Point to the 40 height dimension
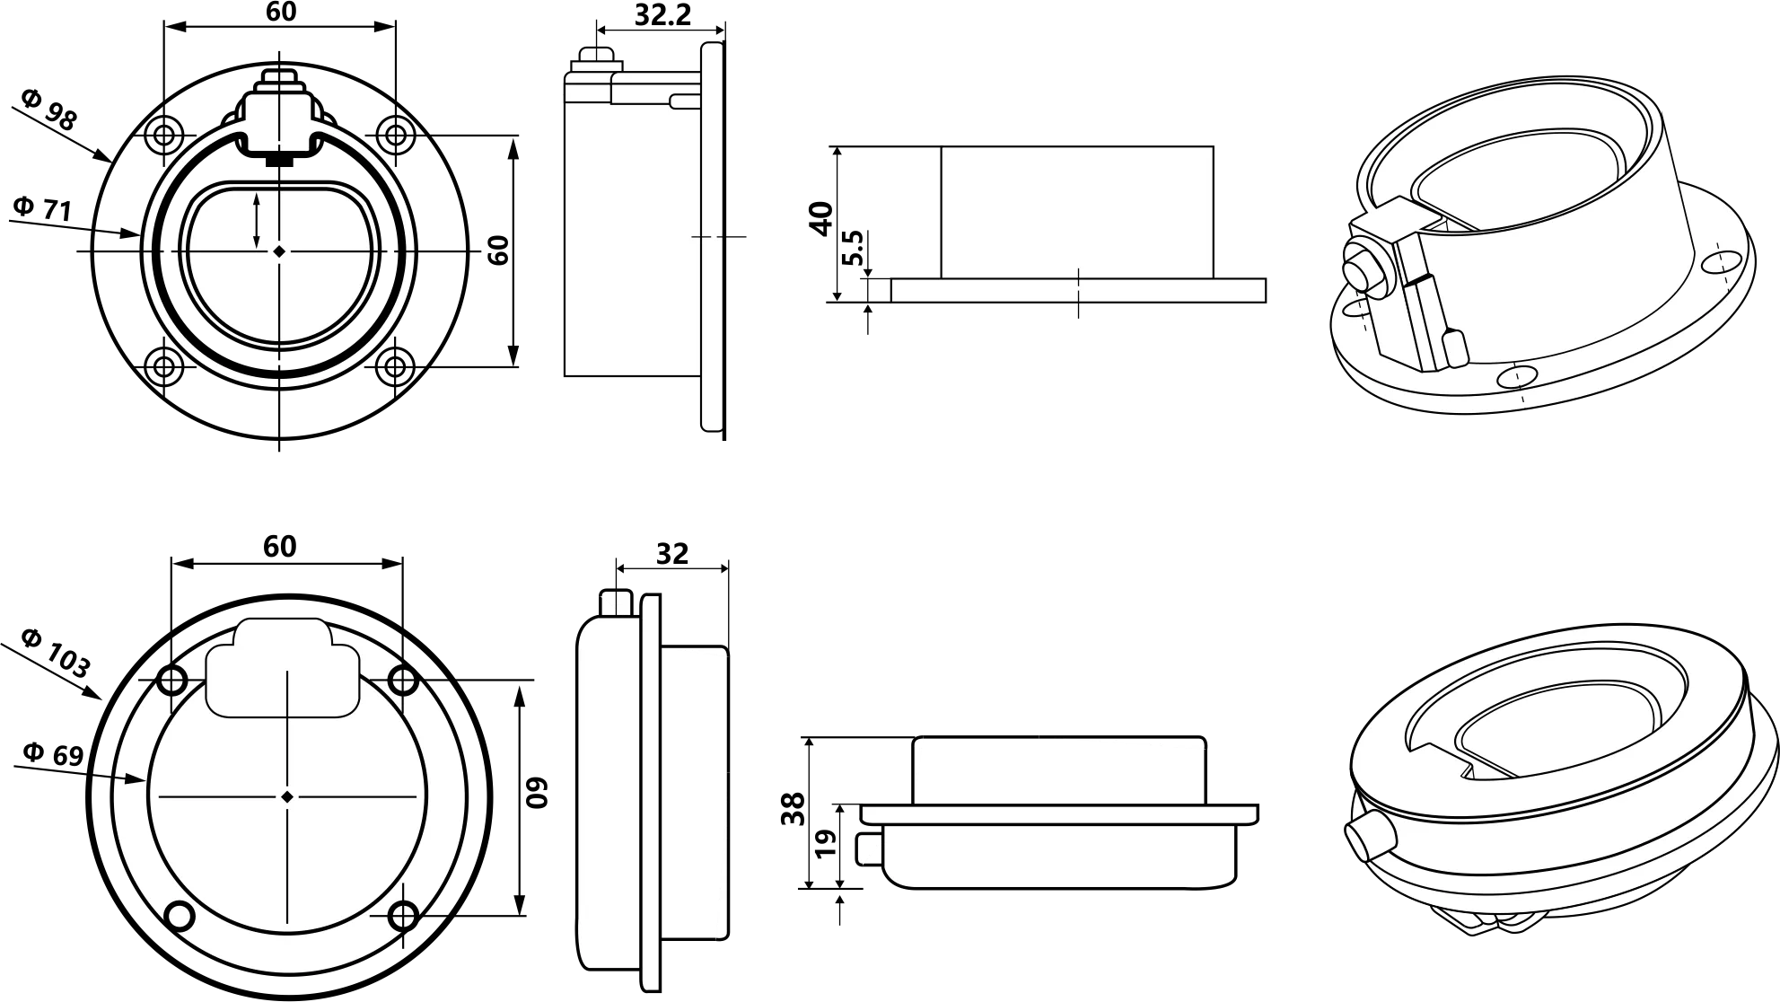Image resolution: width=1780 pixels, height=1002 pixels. [x=821, y=218]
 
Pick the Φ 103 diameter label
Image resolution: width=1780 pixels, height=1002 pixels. [x=56, y=653]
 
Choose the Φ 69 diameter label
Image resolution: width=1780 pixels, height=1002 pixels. [x=53, y=754]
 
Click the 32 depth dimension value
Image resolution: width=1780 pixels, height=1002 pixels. [x=671, y=553]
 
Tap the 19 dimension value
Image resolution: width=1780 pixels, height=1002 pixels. [x=827, y=842]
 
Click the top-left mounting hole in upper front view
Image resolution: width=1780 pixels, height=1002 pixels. [x=163, y=136]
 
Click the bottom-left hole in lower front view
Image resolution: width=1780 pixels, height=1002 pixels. [x=180, y=916]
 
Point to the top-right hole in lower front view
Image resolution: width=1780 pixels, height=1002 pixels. [x=403, y=681]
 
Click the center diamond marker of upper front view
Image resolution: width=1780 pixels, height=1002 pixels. [x=280, y=251]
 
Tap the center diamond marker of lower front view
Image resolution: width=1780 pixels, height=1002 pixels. [x=287, y=796]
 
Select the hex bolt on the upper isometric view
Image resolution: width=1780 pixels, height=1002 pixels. [x=1360, y=270]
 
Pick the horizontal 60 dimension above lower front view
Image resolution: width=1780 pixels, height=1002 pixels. [x=280, y=546]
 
